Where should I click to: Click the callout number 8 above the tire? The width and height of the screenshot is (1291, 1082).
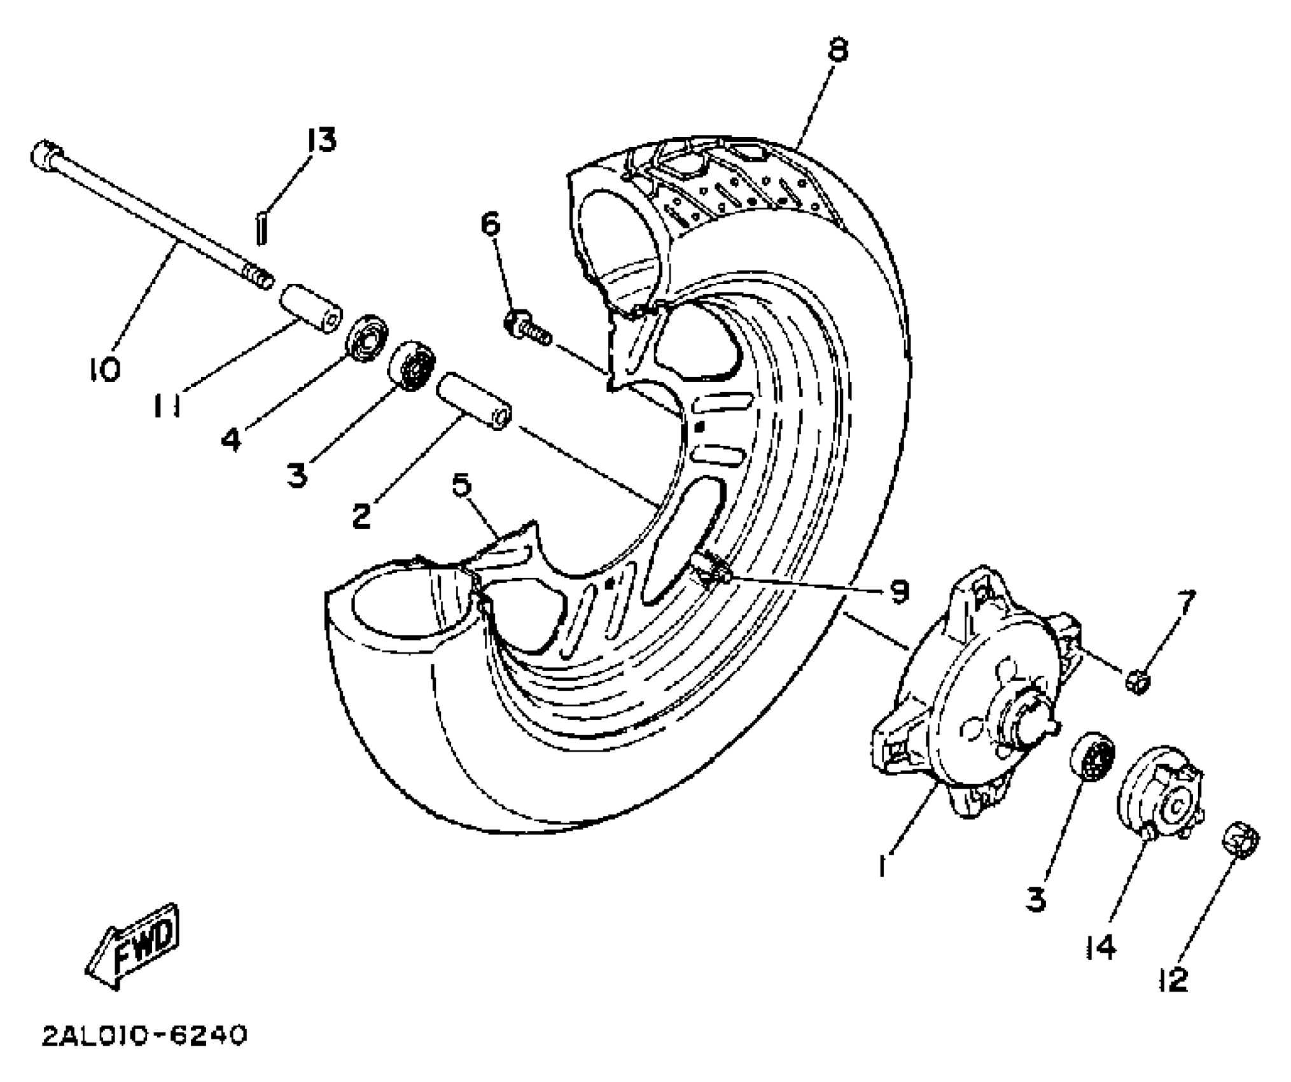[839, 49]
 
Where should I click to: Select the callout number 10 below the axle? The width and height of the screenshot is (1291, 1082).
[104, 368]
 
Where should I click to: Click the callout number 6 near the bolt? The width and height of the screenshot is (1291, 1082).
[490, 224]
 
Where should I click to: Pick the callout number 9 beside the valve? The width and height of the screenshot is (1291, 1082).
[897, 592]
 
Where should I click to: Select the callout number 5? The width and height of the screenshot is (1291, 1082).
[463, 485]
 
